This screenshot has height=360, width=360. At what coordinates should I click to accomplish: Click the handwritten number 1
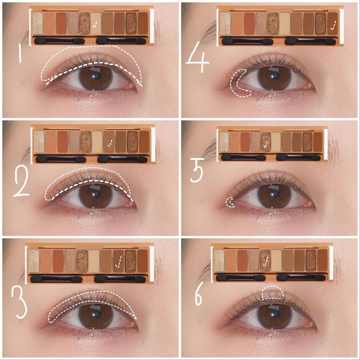point(20,53)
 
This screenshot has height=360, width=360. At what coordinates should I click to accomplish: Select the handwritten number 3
point(19,303)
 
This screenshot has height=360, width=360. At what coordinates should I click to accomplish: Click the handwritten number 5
point(197,170)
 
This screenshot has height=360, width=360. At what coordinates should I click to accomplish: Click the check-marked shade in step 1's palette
point(96,24)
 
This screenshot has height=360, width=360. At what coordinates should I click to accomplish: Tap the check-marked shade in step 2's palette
point(109,142)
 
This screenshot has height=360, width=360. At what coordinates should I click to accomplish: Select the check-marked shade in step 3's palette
point(118,261)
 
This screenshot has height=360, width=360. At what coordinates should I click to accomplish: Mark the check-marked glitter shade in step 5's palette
point(266,142)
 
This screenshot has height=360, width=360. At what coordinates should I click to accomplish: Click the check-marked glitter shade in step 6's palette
point(265,261)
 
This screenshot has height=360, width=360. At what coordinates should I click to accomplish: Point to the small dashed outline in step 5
point(230,202)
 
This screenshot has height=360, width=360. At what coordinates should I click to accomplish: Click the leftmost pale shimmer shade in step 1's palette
point(38,24)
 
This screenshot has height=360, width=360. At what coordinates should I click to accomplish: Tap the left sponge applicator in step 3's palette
point(56,279)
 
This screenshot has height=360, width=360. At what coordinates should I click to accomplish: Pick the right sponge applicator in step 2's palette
point(122,159)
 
